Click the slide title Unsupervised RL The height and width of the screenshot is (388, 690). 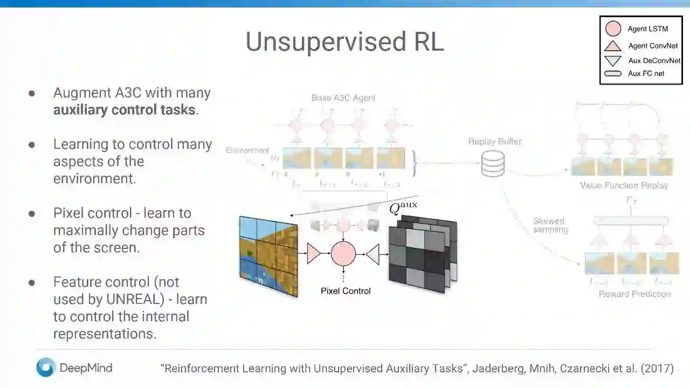click(344, 41)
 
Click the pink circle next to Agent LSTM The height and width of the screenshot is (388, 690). click(613, 29)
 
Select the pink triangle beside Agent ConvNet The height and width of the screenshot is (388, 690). click(613, 46)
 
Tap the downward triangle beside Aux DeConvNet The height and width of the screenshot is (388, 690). click(613, 60)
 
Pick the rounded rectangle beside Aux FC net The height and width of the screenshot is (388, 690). click(613, 73)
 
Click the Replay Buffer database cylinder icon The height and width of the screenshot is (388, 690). click(493, 163)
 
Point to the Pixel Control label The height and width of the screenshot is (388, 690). click(346, 291)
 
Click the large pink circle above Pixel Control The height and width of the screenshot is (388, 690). click(343, 253)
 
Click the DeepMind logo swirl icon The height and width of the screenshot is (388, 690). click(46, 368)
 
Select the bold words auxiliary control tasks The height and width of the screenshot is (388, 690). click(124, 110)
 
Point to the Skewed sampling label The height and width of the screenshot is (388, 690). click(550, 225)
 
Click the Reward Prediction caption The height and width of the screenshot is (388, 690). click(634, 294)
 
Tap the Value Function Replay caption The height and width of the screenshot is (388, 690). click(624, 185)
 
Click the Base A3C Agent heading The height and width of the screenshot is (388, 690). click(343, 98)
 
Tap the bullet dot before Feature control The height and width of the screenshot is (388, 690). click(32, 282)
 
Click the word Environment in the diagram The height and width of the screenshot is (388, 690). click(247, 150)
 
